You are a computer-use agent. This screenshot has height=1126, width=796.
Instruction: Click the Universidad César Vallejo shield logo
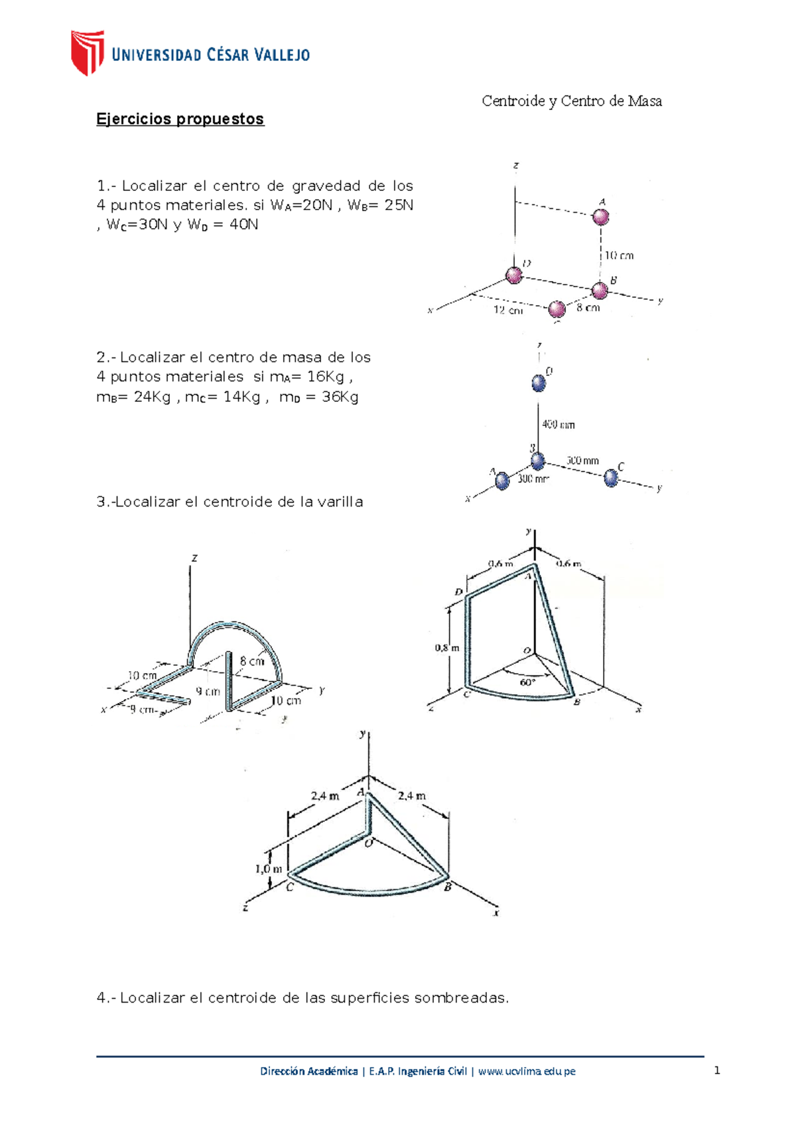pyautogui.click(x=88, y=52)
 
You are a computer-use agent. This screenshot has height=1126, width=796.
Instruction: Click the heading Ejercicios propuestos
pyautogui.click(x=180, y=119)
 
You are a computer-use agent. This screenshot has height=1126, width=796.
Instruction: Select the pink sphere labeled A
pyautogui.click(x=600, y=217)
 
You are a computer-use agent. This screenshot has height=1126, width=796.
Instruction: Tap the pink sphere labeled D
pyautogui.click(x=514, y=275)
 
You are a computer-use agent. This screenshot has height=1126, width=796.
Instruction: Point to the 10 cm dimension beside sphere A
pyautogui.click(x=618, y=255)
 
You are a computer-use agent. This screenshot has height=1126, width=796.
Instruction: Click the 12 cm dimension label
pyautogui.click(x=507, y=310)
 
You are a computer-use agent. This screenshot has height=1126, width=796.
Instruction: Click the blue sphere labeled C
pyautogui.click(x=611, y=477)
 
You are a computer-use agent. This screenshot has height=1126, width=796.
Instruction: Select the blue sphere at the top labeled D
pyautogui.click(x=539, y=383)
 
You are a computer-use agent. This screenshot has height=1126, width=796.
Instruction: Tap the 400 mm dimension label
pyautogui.click(x=559, y=424)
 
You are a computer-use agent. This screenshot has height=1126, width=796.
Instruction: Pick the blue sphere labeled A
pyautogui.click(x=502, y=480)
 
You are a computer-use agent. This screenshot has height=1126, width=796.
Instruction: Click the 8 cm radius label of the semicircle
pyautogui.click(x=252, y=661)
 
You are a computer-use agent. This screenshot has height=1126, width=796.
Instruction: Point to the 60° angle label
pyautogui.click(x=527, y=682)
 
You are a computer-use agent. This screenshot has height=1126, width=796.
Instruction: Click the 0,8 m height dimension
pyautogui.click(x=446, y=648)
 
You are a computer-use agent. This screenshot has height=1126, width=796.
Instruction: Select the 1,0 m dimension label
pyautogui.click(x=269, y=869)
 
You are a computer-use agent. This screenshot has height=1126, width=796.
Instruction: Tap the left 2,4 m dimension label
pyautogui.click(x=324, y=796)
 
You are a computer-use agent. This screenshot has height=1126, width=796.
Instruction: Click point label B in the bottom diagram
pyautogui.click(x=448, y=887)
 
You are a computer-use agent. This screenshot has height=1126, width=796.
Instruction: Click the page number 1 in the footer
pyautogui.click(x=716, y=1070)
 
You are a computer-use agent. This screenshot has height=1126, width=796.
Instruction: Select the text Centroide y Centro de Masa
pyautogui.click(x=571, y=101)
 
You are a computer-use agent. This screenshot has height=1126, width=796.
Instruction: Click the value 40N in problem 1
pyautogui.click(x=243, y=225)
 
